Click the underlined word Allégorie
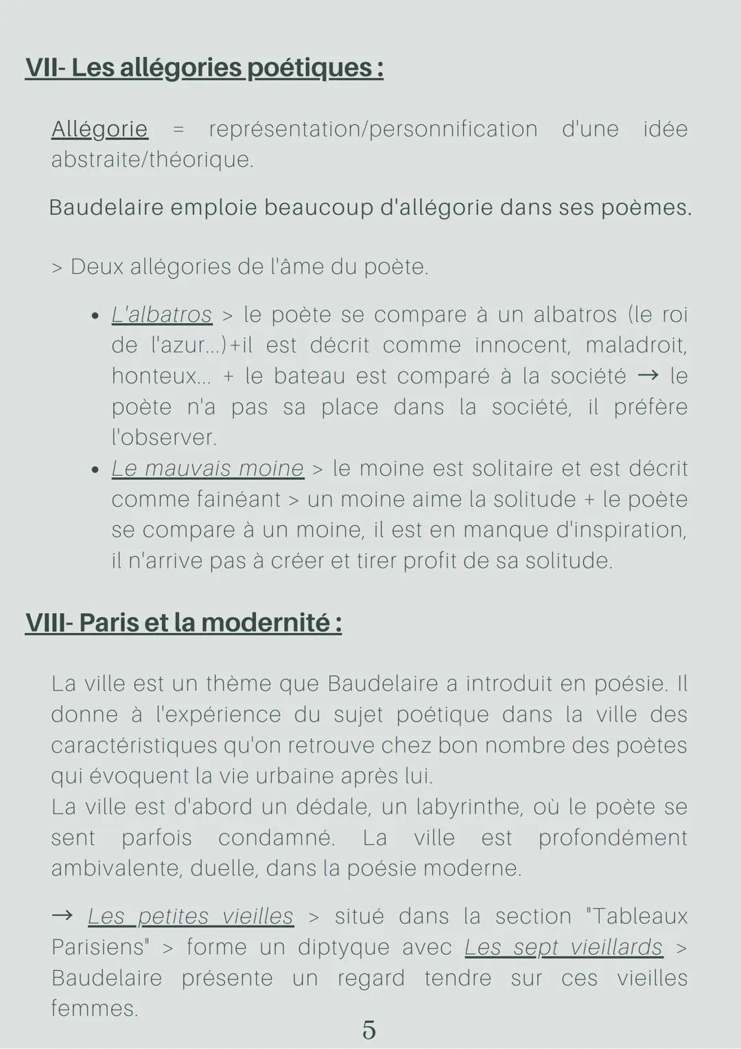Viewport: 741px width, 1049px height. (x=99, y=129)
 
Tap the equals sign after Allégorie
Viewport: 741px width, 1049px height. (x=178, y=129)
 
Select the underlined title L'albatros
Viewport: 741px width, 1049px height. (x=162, y=314)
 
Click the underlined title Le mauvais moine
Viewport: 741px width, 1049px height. (x=207, y=468)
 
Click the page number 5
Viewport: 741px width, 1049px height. (x=369, y=1030)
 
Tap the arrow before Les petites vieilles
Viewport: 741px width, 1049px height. (x=62, y=916)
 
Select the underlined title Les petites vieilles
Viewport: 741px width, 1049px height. (x=191, y=916)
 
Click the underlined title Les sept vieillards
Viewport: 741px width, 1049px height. (x=563, y=947)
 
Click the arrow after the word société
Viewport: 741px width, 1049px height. (x=648, y=376)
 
